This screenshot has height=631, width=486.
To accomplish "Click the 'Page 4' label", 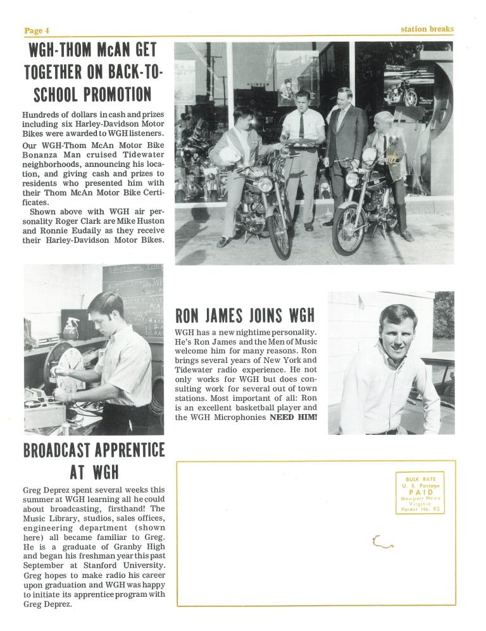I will point(36,30).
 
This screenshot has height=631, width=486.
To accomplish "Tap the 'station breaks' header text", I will point(427,29).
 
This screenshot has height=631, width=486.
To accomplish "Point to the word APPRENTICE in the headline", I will point(125,451).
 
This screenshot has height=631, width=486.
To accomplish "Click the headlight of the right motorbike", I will point(352,179).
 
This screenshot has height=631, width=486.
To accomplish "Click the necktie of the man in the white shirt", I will point(302,126).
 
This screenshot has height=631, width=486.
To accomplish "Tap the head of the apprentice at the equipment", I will point(105,309).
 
